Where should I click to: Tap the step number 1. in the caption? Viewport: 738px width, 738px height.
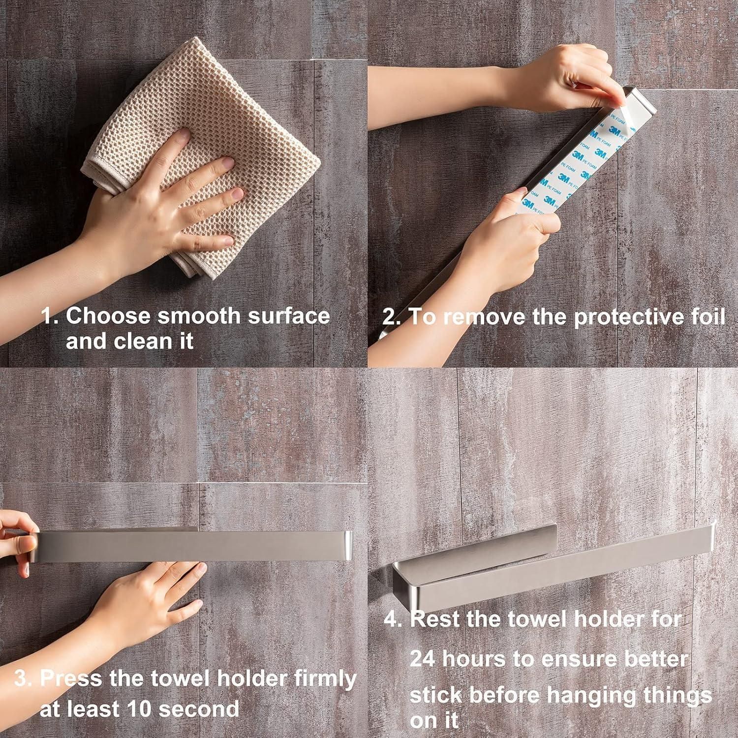click(x=50, y=316)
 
